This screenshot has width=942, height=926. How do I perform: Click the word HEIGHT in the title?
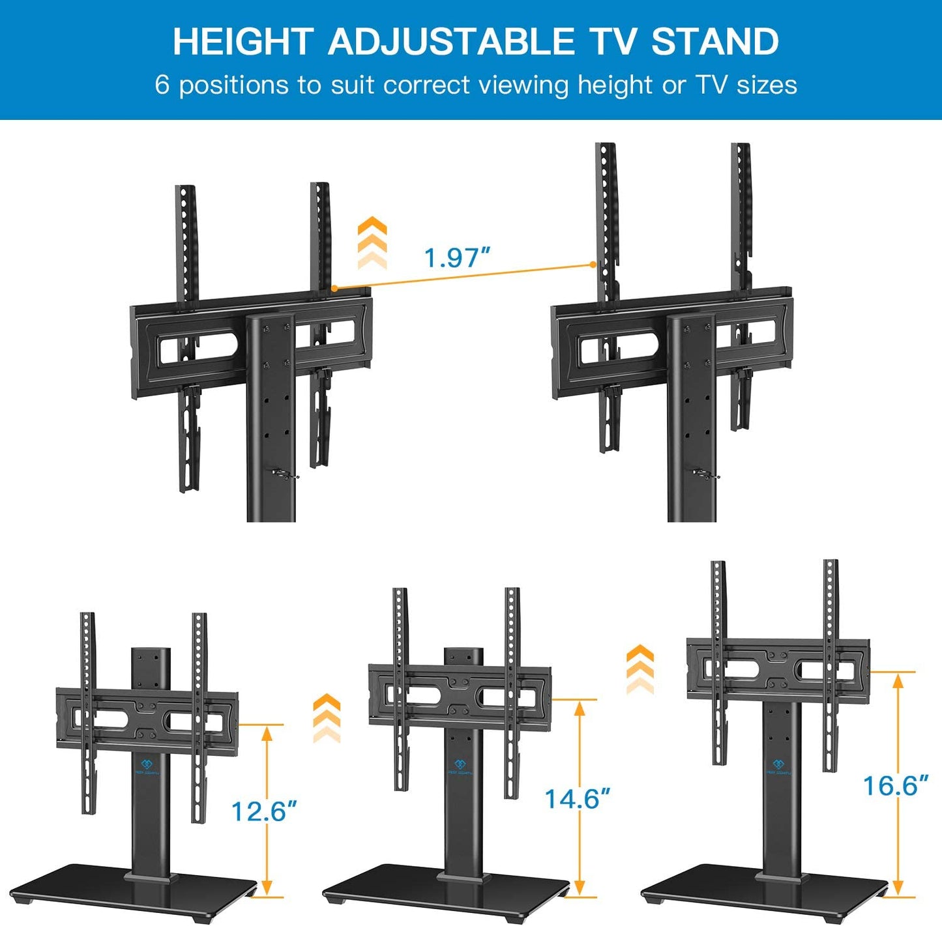click(243, 42)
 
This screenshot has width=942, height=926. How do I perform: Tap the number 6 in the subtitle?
click(162, 85)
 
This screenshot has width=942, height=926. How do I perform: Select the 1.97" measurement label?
click(456, 258)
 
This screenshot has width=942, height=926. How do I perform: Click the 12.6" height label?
click(264, 811)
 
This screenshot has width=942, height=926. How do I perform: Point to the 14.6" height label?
click(578, 799)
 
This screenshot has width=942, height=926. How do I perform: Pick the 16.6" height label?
click(895, 786)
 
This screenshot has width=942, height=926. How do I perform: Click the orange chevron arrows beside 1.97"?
click(372, 243)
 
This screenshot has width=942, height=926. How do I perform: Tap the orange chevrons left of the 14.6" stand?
click(327, 718)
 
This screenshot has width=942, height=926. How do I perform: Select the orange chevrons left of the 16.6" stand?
click(640, 669)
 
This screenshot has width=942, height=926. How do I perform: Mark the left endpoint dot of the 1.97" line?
click(334, 287)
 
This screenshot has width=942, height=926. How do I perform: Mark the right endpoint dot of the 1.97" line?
click(593, 265)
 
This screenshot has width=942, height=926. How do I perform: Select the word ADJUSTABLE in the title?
click(451, 42)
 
